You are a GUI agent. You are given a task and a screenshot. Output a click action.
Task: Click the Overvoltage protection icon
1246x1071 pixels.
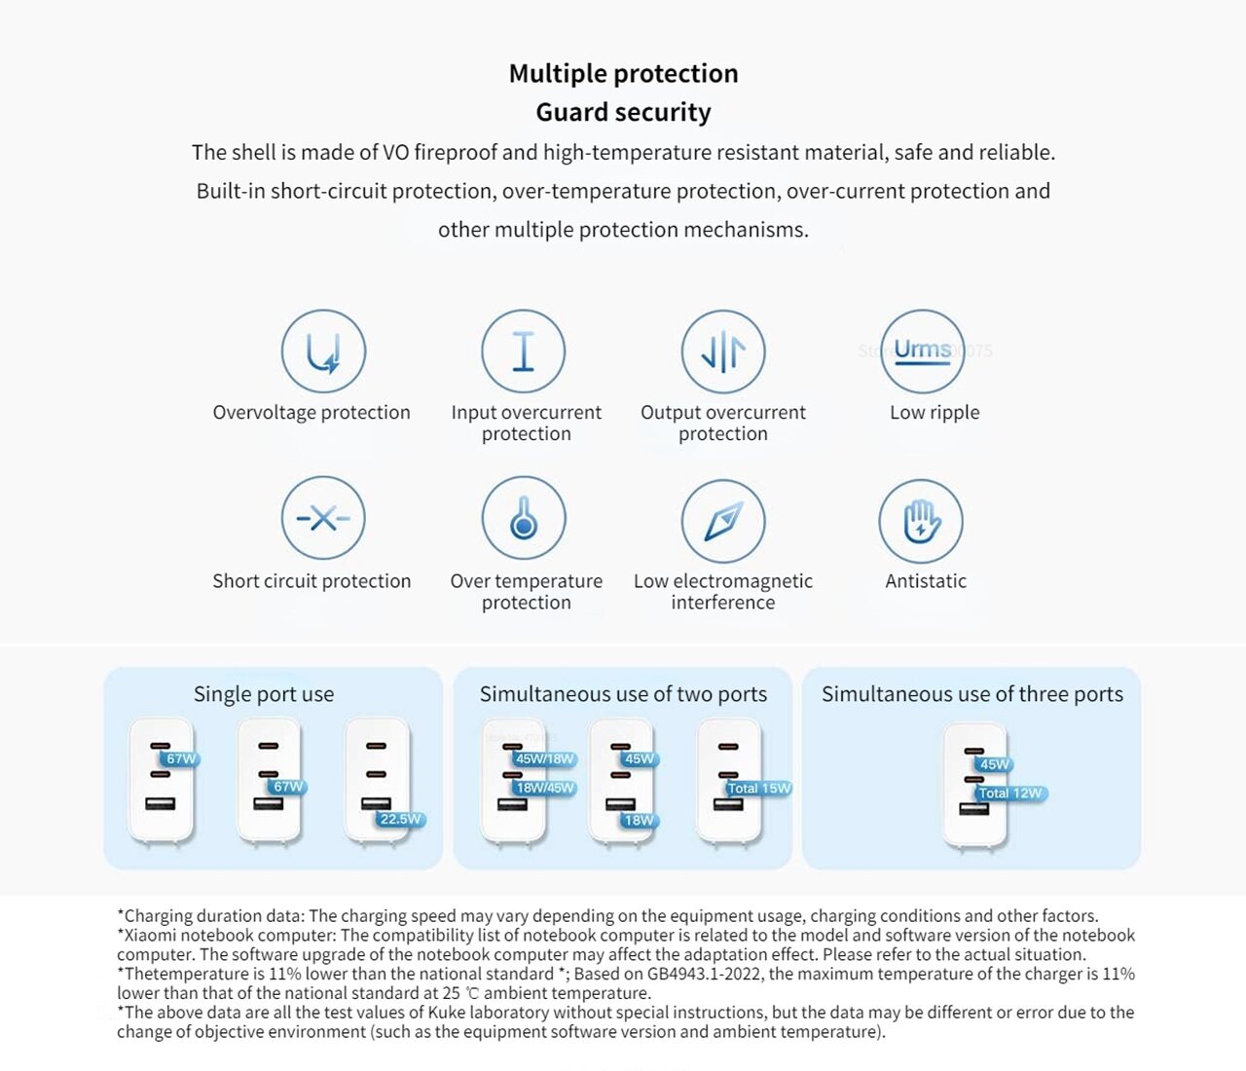click(x=323, y=351)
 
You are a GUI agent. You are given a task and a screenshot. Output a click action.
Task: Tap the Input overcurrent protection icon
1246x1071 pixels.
click(x=524, y=351)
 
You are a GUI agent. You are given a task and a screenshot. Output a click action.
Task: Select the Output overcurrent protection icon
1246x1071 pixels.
click(x=723, y=351)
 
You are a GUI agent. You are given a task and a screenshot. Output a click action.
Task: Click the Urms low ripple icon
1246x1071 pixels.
click(x=922, y=351)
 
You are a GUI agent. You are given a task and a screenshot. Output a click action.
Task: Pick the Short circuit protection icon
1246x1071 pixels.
click(x=323, y=518)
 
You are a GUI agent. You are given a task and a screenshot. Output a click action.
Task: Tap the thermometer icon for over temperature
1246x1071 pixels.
click(x=524, y=518)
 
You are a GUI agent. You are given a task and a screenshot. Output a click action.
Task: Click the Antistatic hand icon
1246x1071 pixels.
click(x=921, y=521)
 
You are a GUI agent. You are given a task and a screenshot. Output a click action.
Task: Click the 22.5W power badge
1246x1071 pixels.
click(x=400, y=820)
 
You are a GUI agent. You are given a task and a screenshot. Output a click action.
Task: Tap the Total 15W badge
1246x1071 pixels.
click(x=759, y=788)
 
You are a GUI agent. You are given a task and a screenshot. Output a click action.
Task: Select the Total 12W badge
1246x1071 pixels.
click(x=1009, y=794)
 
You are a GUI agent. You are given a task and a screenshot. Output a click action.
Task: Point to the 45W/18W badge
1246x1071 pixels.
click(x=544, y=759)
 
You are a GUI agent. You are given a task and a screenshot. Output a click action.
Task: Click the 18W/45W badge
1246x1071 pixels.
click(x=545, y=788)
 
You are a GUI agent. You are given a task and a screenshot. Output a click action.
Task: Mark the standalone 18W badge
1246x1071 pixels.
click(x=639, y=821)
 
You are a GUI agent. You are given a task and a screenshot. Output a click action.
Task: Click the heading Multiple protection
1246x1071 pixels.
click(x=623, y=74)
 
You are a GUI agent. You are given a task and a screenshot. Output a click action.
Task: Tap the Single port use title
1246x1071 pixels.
click(x=264, y=694)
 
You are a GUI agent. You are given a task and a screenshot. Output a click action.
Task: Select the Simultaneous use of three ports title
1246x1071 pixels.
click(x=971, y=694)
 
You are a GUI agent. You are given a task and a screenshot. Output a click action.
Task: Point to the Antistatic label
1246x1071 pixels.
click(x=926, y=581)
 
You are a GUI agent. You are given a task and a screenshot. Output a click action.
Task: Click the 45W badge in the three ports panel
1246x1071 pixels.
click(x=994, y=764)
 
